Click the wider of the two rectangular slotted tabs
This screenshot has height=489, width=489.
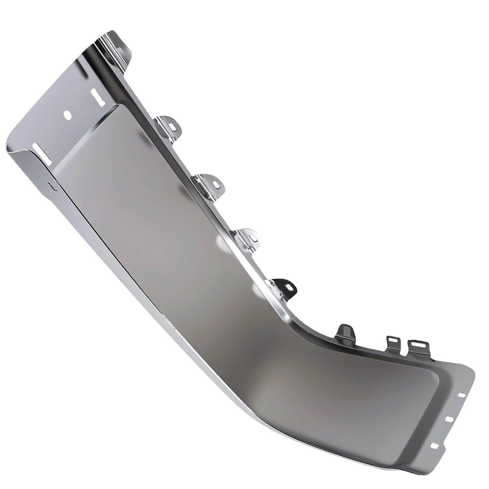[x=416, y=345]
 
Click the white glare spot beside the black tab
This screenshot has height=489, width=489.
[x=259, y=289]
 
